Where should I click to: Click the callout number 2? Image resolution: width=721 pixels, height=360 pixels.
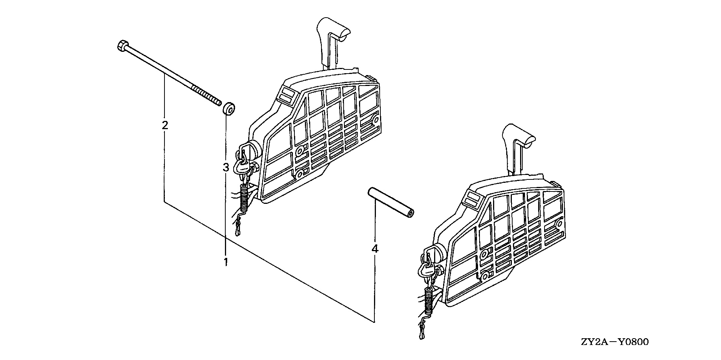pos(164,125)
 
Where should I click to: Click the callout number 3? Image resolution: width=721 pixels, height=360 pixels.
pos(226,167)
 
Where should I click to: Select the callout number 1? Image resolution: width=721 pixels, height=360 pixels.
pos(226,262)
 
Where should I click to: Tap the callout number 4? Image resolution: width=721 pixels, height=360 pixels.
pos(374,249)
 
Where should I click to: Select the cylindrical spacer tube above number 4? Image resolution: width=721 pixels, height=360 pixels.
pos(391,203)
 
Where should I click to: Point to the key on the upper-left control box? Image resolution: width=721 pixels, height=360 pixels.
pos(241,165)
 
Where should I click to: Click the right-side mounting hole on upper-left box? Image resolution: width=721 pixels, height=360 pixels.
pos(374,120)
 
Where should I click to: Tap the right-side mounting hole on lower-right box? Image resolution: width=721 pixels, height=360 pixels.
pos(558,224)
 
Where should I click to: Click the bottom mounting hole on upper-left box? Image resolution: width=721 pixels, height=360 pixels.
pos(300,175)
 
